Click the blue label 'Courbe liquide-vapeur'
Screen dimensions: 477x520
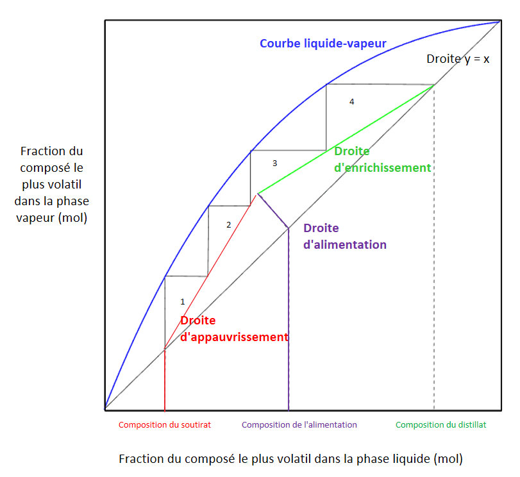323,44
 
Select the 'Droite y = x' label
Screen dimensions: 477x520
458,59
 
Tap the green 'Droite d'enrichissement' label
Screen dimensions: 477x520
382,160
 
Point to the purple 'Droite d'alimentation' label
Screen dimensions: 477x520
345,236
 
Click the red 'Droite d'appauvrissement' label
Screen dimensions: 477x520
233,329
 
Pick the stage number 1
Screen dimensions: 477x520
182,301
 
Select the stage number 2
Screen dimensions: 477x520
228,225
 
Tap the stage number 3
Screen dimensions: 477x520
274,163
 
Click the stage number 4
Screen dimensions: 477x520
351,102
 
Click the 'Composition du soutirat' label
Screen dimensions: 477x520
165,424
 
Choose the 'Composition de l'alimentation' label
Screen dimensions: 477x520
299,424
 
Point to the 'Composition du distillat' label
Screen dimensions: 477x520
441,424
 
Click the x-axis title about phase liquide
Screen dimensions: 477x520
290,459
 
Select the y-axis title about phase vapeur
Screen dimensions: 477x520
52,185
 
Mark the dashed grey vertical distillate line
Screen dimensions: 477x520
434,256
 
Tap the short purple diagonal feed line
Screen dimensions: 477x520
274,212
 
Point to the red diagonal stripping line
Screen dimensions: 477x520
212,269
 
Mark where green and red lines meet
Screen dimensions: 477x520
257,194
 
